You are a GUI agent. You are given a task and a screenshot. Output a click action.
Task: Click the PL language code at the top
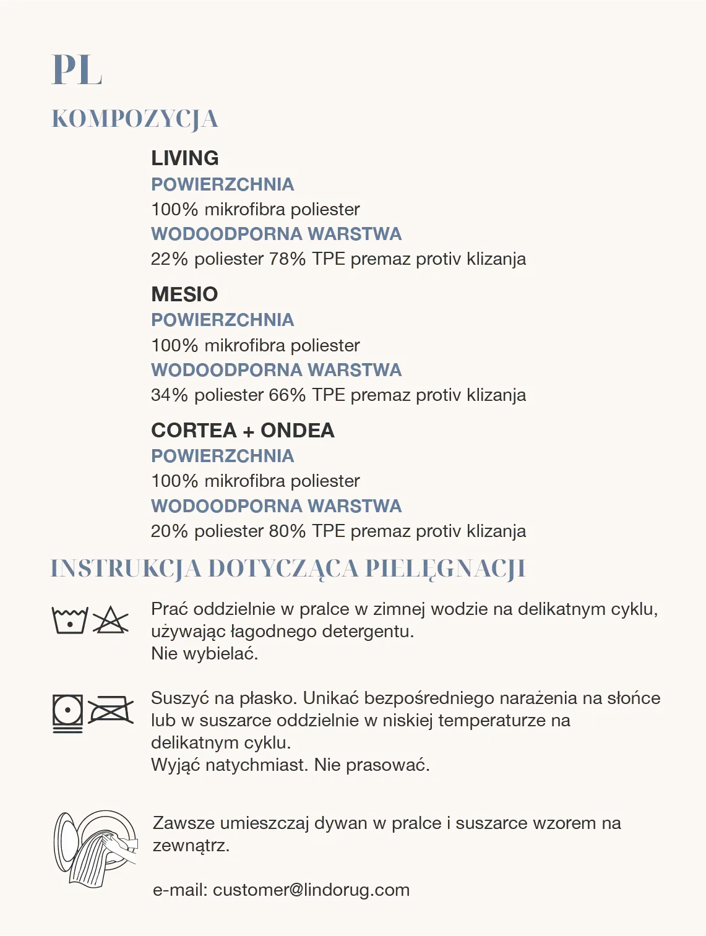(77, 70)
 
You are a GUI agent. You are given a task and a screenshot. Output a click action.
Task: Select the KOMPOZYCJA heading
(134, 119)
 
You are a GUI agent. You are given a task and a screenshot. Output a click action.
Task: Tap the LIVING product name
(185, 158)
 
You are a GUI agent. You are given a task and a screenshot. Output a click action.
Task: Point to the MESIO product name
(184, 294)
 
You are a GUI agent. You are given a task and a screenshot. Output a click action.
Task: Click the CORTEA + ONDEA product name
(243, 430)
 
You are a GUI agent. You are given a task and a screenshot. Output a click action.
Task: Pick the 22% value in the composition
(169, 259)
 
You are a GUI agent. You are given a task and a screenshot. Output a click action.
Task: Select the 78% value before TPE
(287, 259)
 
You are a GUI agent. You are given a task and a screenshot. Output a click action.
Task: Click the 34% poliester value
(169, 395)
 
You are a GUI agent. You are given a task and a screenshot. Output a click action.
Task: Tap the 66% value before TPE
(287, 395)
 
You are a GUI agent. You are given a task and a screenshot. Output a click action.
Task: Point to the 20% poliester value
(169, 531)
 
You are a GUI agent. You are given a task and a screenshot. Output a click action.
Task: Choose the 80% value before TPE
(287, 531)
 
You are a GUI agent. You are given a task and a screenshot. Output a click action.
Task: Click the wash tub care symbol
(70, 620)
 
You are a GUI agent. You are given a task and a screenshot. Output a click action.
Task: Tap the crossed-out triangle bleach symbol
(110, 620)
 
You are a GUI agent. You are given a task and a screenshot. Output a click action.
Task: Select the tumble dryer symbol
(68, 713)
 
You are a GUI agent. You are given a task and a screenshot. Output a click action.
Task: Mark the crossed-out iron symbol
(111, 711)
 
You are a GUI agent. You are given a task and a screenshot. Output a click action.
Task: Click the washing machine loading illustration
(95, 848)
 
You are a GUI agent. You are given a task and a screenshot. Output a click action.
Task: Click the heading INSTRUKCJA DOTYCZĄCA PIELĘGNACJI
(288, 569)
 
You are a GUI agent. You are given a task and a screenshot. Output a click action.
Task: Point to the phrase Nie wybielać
(204, 653)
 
